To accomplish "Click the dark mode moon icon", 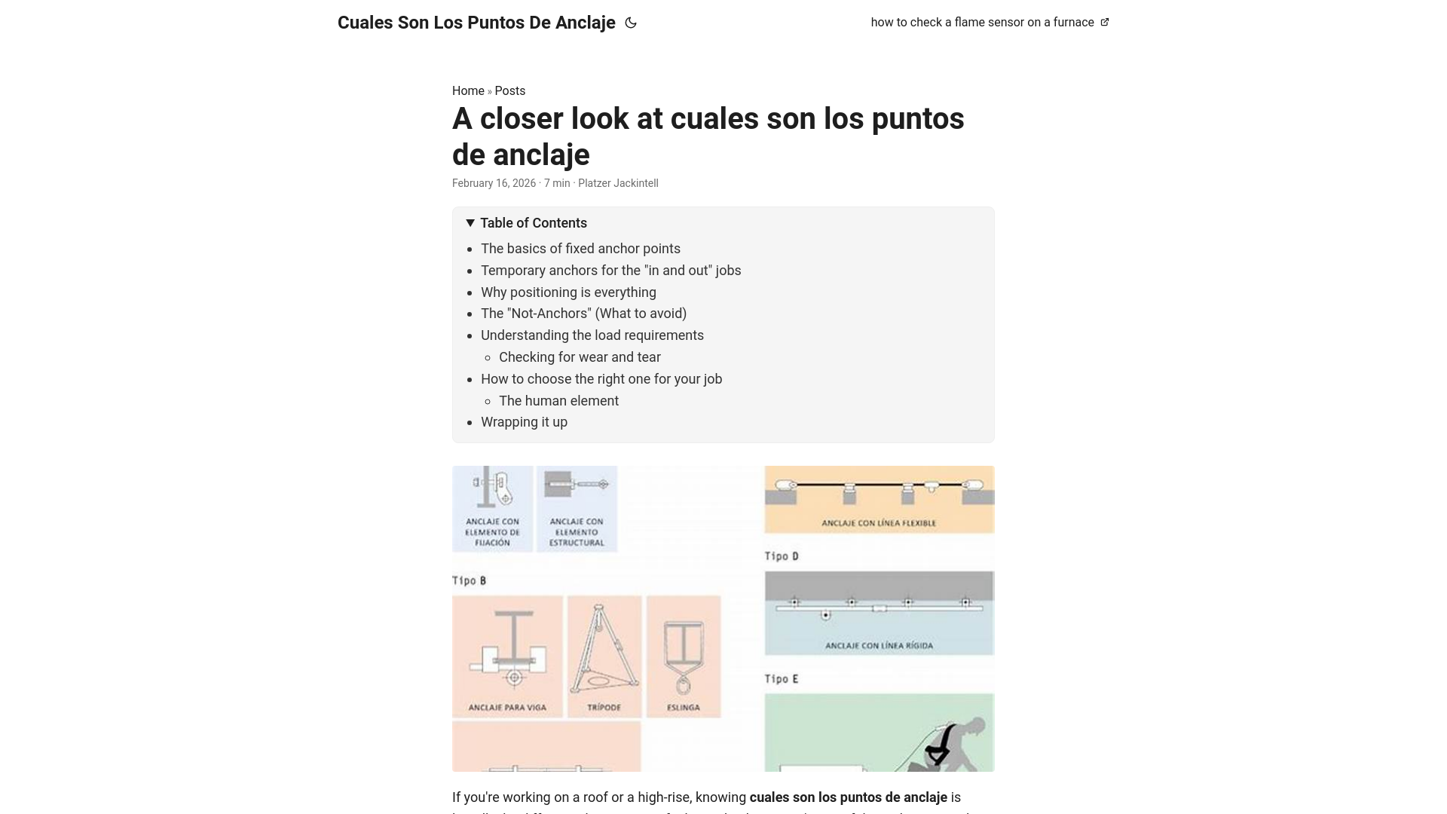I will click(631, 23).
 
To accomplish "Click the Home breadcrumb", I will click(468, 91).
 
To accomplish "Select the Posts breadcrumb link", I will click(509, 91).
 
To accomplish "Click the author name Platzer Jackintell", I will click(618, 183).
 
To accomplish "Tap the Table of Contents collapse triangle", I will click(470, 223).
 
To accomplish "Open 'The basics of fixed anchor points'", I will click(580, 249).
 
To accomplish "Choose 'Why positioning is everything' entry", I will click(568, 292).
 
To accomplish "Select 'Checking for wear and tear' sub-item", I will click(580, 357).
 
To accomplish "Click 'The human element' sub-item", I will click(558, 401).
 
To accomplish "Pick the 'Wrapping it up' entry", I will click(524, 422).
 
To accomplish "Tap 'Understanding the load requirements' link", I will click(592, 335).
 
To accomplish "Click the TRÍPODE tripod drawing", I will click(604, 650).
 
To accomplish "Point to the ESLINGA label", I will click(683, 708).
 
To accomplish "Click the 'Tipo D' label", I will click(782, 556).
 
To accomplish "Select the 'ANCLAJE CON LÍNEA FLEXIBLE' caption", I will click(879, 523).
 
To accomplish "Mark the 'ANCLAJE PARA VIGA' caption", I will click(506, 708).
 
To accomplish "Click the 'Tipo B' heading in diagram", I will click(469, 580).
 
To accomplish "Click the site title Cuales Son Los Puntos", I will click(476, 23).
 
